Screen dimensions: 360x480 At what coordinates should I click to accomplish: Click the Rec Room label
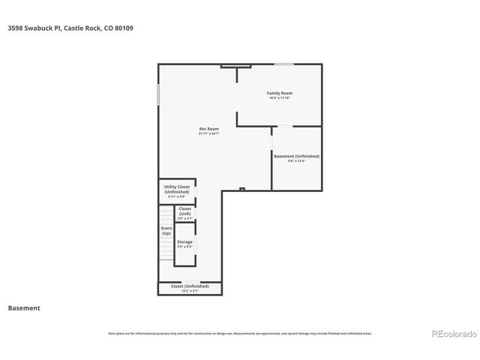[208, 129]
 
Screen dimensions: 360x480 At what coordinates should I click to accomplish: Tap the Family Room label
[279, 93]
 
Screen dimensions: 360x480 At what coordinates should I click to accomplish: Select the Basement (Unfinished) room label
[296, 156]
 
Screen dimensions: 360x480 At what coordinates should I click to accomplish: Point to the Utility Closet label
[177, 189]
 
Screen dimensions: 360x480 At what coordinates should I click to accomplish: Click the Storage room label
[184, 241]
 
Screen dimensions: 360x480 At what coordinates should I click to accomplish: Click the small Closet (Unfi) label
[184, 211]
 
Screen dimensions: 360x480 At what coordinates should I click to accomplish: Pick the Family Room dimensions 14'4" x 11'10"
[279, 98]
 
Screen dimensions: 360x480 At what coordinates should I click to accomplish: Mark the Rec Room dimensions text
[208, 134]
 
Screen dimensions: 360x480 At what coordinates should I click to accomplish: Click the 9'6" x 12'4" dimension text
[296, 161]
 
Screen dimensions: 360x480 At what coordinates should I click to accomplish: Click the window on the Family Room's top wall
[283, 64]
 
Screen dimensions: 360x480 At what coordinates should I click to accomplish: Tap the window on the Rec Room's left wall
[158, 94]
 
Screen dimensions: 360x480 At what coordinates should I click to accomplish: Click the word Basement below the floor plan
[24, 308]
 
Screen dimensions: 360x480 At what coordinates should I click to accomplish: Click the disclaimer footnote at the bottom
[240, 333]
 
